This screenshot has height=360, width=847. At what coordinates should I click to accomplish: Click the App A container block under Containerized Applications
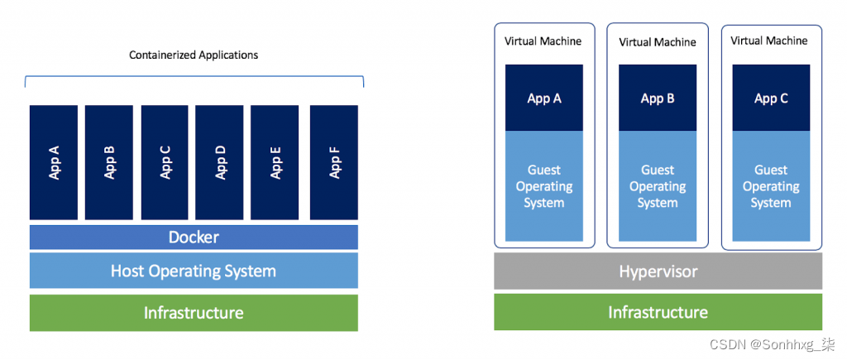click(54, 163)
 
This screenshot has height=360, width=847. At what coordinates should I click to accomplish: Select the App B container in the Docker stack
click(109, 163)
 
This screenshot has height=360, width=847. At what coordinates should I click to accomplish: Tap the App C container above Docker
click(165, 163)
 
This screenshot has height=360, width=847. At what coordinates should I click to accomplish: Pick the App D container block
click(220, 163)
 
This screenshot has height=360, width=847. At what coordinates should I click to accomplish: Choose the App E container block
click(275, 163)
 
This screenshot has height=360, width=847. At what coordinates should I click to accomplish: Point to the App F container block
click(334, 163)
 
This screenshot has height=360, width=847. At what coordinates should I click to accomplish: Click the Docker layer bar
click(194, 238)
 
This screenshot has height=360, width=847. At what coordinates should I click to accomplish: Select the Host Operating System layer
click(194, 271)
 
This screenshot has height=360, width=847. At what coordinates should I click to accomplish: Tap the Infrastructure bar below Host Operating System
click(194, 313)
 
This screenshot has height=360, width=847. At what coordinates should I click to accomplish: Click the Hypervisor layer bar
click(658, 271)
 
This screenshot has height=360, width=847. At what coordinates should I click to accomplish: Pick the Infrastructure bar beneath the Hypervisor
click(658, 312)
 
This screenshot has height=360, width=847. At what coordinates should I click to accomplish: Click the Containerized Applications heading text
click(194, 55)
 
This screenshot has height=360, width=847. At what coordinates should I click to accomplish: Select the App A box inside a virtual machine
click(544, 98)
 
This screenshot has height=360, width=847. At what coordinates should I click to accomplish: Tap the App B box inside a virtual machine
click(658, 98)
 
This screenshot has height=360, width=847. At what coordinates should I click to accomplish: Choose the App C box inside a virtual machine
click(771, 98)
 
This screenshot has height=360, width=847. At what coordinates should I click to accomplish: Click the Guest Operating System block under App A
click(544, 186)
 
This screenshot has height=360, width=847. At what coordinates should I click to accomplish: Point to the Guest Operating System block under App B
click(658, 186)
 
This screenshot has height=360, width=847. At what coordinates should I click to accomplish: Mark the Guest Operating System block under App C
click(771, 186)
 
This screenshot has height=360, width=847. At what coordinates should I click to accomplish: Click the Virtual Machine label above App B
click(658, 41)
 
